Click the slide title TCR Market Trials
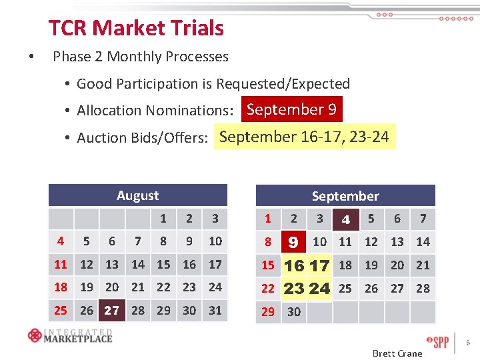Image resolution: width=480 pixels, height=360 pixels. tap(136, 28)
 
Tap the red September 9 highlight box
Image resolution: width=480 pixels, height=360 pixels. tap(291, 110)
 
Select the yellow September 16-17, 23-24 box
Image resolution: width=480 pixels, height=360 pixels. tap(304, 137)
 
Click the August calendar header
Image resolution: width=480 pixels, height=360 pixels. tap(137, 195)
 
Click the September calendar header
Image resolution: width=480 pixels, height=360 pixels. tap(345, 196)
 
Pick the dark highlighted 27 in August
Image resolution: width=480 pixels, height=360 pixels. tap(111, 311)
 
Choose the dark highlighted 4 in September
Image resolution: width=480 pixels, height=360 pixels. tap(345, 219)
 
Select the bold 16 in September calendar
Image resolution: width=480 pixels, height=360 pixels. tap(293, 265)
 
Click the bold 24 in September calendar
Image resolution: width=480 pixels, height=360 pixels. tap(319, 289)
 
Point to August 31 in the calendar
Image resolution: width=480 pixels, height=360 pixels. tap(215, 311)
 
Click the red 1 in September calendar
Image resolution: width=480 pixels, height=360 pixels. tap(268, 219)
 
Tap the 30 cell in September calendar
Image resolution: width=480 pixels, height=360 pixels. tap(293, 311)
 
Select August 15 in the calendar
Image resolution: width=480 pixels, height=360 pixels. tap(163, 265)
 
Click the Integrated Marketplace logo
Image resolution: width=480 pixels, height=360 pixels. tap(70, 335)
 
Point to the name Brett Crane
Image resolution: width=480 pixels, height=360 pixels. tap(397, 353)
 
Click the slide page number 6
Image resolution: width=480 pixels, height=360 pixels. tap(468, 343)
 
